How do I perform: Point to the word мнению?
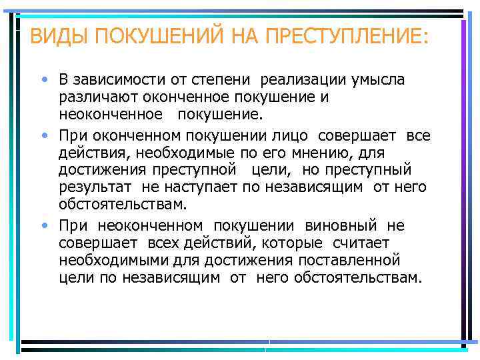tap(317, 153)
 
